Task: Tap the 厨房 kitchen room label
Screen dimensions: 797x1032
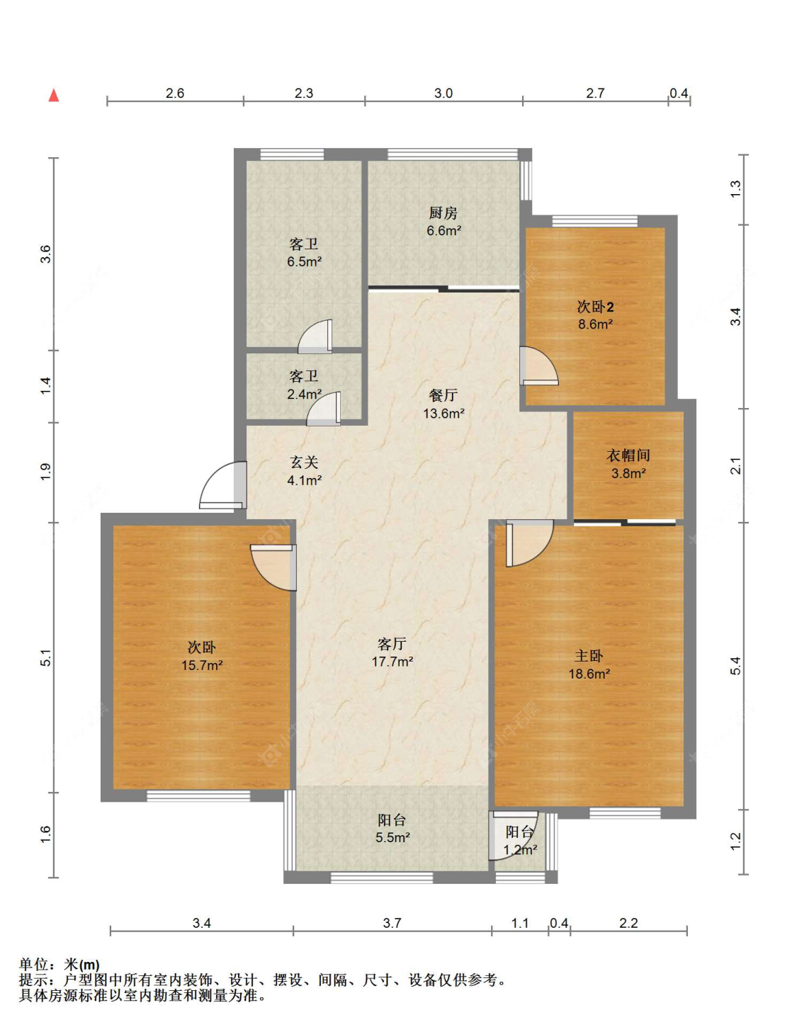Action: [x=443, y=212]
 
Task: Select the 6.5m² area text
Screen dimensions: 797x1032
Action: [x=305, y=261]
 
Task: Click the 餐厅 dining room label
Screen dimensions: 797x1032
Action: [x=443, y=396]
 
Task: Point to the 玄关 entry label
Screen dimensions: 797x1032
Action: [x=304, y=463]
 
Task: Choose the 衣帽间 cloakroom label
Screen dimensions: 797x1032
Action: [x=628, y=455]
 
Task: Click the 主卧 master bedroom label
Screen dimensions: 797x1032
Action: [x=589, y=656]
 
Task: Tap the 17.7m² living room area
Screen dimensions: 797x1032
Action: [x=392, y=662]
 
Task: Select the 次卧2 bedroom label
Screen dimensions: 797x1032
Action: [x=595, y=307]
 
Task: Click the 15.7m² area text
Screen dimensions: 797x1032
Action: [x=202, y=665]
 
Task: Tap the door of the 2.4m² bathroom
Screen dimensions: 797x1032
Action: [x=324, y=409]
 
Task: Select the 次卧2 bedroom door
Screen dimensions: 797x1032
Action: [x=539, y=366]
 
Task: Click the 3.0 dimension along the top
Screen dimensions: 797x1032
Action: [x=443, y=93]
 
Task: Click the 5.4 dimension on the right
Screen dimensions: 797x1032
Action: [x=735, y=666]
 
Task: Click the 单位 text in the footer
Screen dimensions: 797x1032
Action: [x=34, y=965]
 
